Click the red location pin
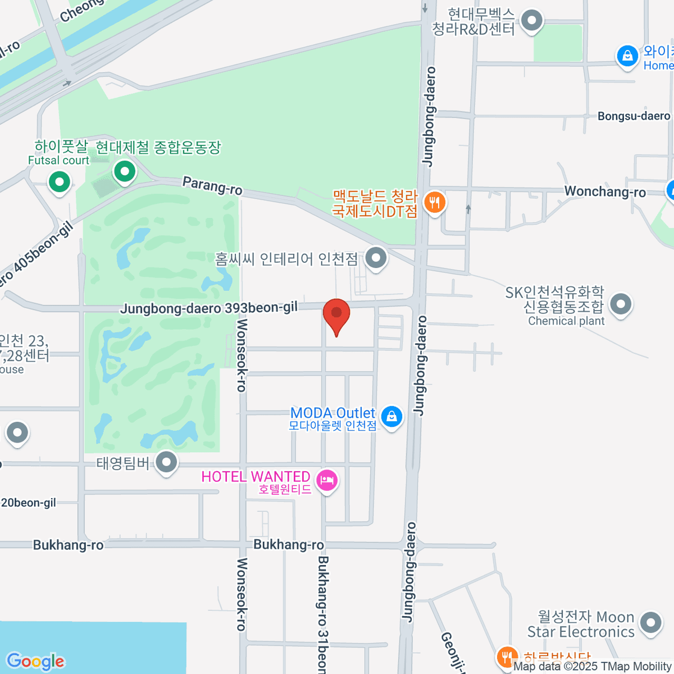click(336, 313)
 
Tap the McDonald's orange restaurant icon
click(434, 202)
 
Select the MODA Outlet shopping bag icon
click(391, 416)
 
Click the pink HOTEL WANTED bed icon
click(326, 480)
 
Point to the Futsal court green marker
click(59, 181)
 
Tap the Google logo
click(36, 662)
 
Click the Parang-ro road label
click(212, 186)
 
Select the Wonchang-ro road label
click(605, 192)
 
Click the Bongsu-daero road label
click(634, 116)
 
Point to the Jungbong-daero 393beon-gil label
click(209, 308)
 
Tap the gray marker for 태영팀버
click(166, 463)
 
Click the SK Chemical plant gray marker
click(621, 304)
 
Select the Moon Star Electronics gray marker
click(650, 622)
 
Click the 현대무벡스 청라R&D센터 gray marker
click(531, 21)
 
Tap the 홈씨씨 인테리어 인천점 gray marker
click(376, 258)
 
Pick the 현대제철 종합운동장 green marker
click(124, 171)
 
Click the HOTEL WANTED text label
click(256, 477)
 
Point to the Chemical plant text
click(566, 321)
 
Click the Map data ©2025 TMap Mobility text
click(593, 666)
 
